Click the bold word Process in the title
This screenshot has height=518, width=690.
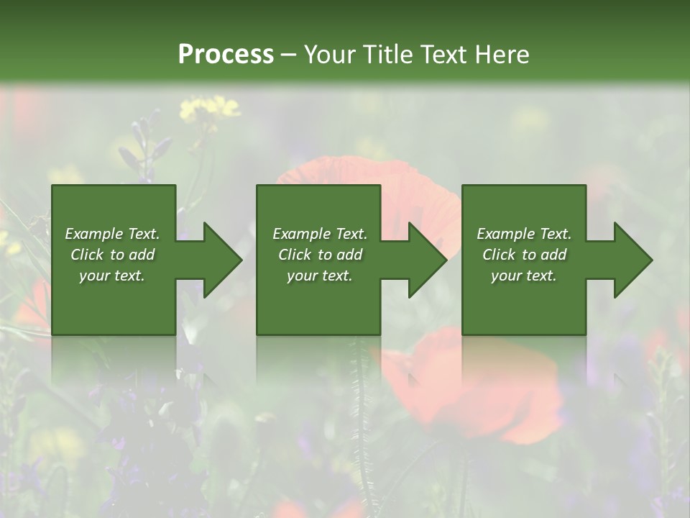[x=226, y=54]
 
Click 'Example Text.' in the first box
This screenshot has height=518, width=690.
[x=112, y=234]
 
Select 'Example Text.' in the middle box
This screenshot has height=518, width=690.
[x=320, y=234]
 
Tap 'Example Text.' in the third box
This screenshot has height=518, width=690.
[x=524, y=234]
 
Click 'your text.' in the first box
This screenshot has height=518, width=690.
[x=112, y=276]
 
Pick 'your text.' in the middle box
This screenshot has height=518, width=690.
[x=320, y=276]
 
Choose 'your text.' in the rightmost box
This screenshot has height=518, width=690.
[x=524, y=276]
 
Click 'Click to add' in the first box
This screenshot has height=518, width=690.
[x=112, y=255]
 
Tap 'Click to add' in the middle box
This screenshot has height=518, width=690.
[x=320, y=255]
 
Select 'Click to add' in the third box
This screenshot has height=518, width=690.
[x=524, y=255]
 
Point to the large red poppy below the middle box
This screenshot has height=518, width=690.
[x=474, y=388]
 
